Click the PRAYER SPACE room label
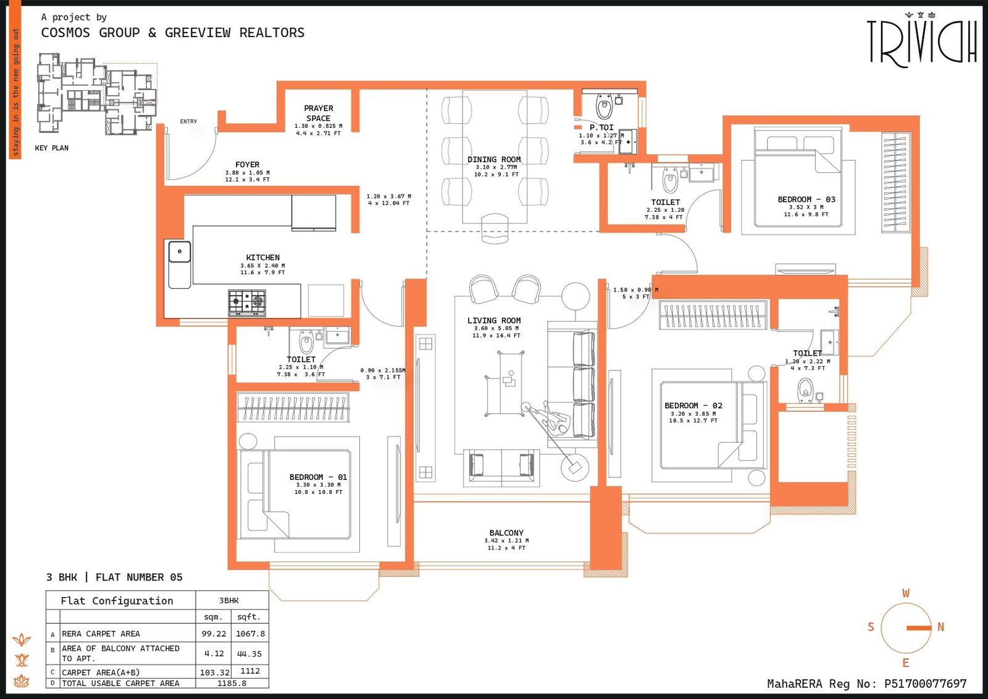coord(318,113)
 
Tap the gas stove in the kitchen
coord(247,303)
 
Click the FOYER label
coord(247,165)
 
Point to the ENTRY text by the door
coord(188,122)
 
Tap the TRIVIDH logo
coord(921,40)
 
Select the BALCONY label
coord(506,533)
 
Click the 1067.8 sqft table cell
coord(250,634)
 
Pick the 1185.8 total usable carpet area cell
coord(232,683)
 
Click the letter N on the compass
coord(940,627)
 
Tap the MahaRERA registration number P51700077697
coord(925,684)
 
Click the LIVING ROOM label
coord(494,320)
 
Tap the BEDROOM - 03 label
coord(806,199)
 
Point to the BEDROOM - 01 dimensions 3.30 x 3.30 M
coord(318,485)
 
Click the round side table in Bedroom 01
coord(248,442)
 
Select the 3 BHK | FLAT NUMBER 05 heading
coord(114,577)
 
